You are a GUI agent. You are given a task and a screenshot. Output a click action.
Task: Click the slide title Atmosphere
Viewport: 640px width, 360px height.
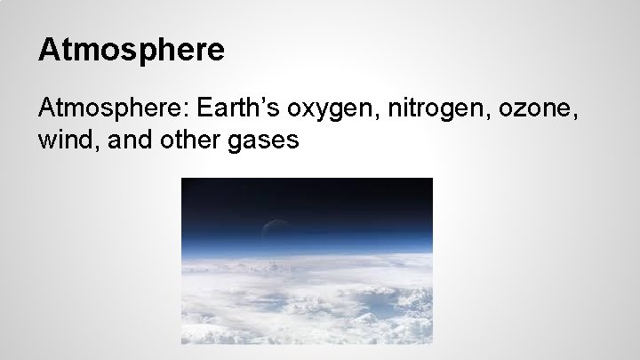131,49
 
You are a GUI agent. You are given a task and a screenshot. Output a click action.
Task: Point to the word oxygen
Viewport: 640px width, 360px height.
324,111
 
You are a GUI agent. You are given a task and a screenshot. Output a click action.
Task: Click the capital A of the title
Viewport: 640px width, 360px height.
48,49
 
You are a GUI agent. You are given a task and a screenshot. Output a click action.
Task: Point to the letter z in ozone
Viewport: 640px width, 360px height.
519,113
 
